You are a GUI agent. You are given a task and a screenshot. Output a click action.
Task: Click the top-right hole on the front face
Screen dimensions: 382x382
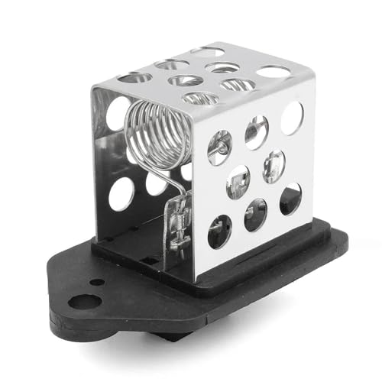pyautogui.click(x=291, y=118)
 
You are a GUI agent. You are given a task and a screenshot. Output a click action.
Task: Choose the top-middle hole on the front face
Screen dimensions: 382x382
pyautogui.click(x=256, y=132)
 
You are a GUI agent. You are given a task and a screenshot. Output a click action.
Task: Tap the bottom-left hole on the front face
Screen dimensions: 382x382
pyautogui.click(x=220, y=231)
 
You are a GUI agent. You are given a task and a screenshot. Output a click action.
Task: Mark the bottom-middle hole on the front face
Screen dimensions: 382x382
pyautogui.click(x=255, y=215)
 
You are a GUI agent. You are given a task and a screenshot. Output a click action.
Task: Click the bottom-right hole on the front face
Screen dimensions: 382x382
pyautogui.click(x=290, y=199)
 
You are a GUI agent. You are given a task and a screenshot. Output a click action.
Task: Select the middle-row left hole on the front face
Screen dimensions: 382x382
pyautogui.click(x=238, y=183)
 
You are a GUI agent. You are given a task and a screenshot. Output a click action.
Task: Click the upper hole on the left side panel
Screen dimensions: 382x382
pyautogui.click(x=116, y=114)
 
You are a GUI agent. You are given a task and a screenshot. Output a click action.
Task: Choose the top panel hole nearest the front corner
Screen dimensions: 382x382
pyautogui.click(x=200, y=97)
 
